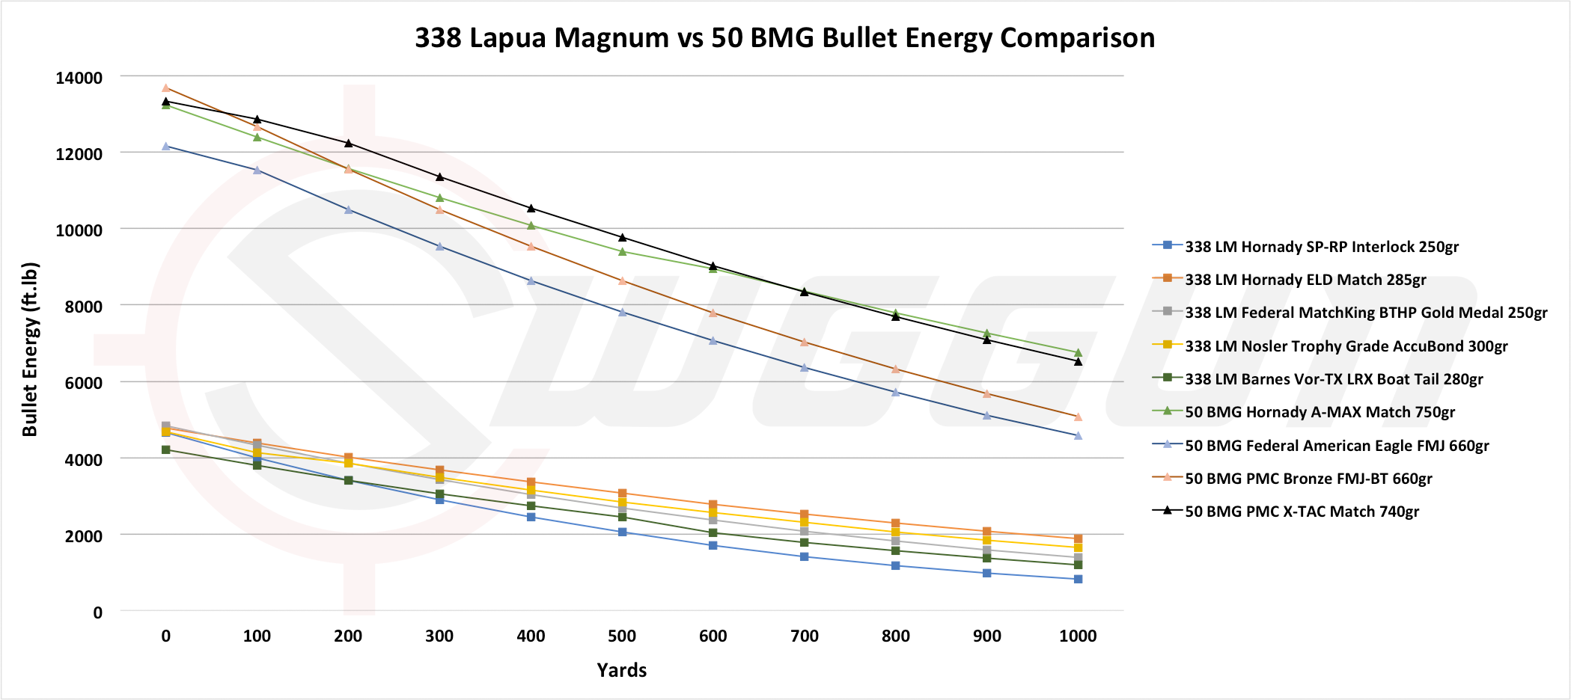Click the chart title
coord(784,37)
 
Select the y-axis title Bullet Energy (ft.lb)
coord(29,349)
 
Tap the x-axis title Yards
coord(621,670)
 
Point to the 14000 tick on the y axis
coord(79,78)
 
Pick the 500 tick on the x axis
coord(622,636)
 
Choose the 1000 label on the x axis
coord(1078,636)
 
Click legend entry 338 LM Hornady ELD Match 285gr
coord(1305,280)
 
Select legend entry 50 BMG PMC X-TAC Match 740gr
coord(1302,512)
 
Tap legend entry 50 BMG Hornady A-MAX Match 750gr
coord(1320,412)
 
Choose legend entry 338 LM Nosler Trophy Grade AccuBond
coord(1346,346)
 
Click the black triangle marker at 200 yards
coord(348,143)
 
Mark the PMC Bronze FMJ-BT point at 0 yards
coord(166,87)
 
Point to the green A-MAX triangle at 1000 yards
coord(1079,352)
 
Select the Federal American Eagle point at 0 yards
coord(166,147)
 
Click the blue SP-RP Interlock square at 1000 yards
coord(1079,579)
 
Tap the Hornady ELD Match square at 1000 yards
coord(1079,538)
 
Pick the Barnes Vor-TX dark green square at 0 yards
coord(166,449)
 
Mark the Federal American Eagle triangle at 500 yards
coord(622,312)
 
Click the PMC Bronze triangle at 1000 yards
coord(1079,417)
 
